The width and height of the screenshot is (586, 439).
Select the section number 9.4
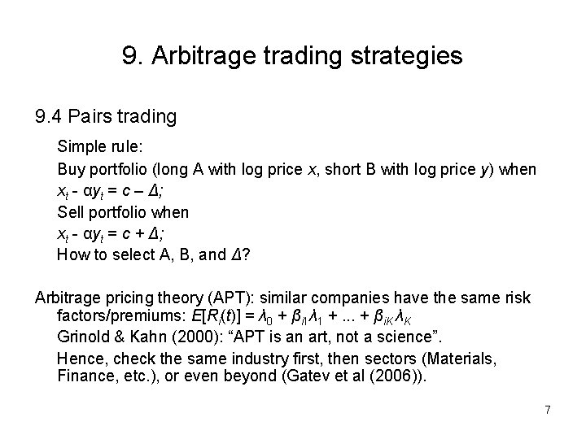pos(50,117)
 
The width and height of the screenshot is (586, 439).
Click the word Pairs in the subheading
pos(98,117)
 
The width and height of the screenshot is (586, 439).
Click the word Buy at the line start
pos(70,169)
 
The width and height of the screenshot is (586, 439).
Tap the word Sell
pos(70,212)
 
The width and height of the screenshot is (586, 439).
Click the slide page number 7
pos(548,410)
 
